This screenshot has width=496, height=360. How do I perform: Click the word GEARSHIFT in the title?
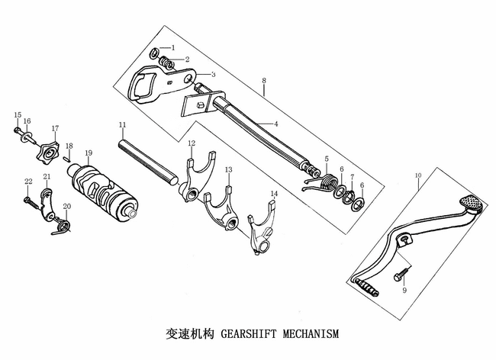(x=251, y=334)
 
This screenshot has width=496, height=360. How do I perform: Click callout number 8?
(x=263, y=81)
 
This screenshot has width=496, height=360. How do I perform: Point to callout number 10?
(x=417, y=176)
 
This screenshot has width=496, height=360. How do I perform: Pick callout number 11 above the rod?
(x=121, y=124)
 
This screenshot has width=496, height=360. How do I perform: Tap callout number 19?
(x=89, y=153)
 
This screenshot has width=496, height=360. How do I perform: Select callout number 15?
(x=17, y=115)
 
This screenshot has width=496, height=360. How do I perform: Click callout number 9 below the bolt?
(x=404, y=291)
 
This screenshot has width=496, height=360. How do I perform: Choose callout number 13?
(x=228, y=169)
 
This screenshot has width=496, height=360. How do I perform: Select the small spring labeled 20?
(x=63, y=225)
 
